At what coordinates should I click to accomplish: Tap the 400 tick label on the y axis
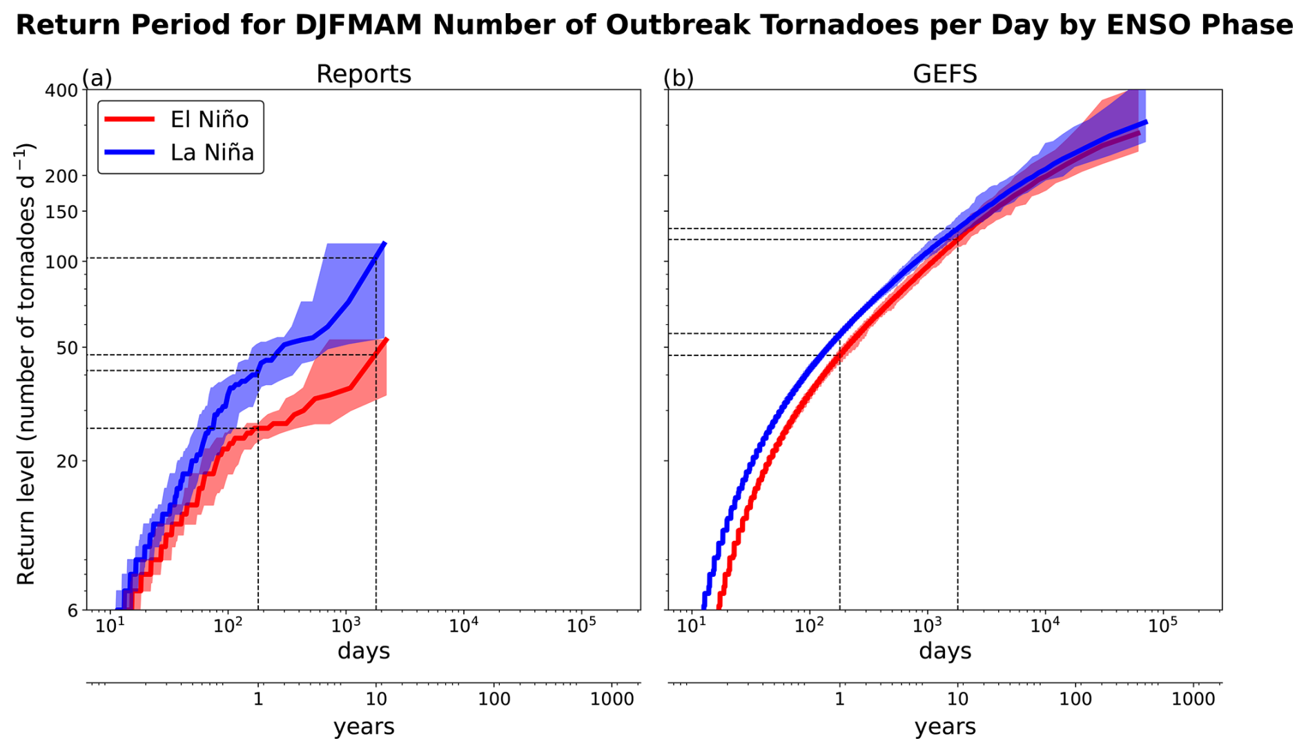point(61,90)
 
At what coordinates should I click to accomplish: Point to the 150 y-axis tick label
point(61,211)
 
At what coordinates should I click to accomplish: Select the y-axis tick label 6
point(72,611)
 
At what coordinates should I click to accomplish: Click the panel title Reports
point(363,75)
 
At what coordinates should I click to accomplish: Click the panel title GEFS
point(944,75)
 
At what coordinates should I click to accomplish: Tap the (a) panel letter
point(97,78)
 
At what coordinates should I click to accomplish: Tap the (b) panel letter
point(678,78)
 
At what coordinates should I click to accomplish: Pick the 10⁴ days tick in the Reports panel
point(463,626)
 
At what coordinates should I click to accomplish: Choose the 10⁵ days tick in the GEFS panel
point(1162,626)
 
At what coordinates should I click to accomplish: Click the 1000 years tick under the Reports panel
point(612,700)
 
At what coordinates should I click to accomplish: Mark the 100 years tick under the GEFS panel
point(1075,700)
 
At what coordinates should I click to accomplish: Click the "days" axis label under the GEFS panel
point(944,651)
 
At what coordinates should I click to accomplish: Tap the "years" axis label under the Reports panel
point(363,726)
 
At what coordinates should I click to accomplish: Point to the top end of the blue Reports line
point(384,243)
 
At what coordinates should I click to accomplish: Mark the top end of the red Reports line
point(387,339)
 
